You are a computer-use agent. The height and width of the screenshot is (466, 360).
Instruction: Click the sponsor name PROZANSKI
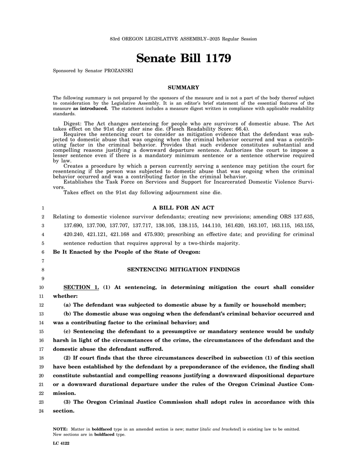click(119, 71)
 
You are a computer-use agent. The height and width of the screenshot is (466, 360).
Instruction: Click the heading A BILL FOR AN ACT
click(184, 208)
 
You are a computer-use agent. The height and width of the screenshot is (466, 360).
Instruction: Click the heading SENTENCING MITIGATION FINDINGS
click(183, 270)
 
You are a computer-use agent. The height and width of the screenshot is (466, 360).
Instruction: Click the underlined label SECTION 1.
click(81, 287)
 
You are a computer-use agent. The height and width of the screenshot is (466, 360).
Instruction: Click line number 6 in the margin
click(43, 252)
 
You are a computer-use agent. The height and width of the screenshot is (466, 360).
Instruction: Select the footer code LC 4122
click(61, 443)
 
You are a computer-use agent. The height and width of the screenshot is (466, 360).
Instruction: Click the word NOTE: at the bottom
click(60, 429)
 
